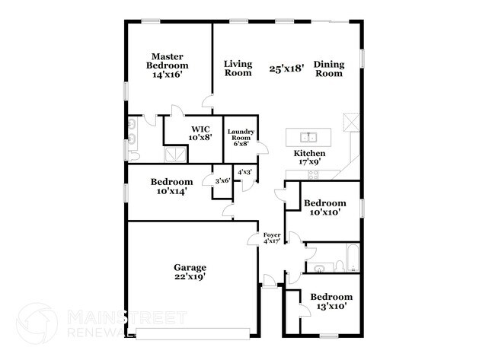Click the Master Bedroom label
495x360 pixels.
pyautogui.click(x=169, y=61)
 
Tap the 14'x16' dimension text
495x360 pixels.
pyautogui.click(x=169, y=75)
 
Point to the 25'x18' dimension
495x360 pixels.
pyautogui.click(x=287, y=68)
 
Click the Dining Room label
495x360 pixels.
pyautogui.click(x=329, y=68)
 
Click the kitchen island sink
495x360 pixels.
pyautogui.click(x=308, y=138)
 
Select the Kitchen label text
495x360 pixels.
pyautogui.click(x=310, y=153)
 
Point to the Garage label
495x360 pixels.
pyautogui.click(x=190, y=267)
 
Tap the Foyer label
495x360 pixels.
pyautogui.click(x=272, y=235)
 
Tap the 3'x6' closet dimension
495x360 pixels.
pyautogui.click(x=223, y=180)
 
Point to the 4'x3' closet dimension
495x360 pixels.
pyautogui.click(x=245, y=173)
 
